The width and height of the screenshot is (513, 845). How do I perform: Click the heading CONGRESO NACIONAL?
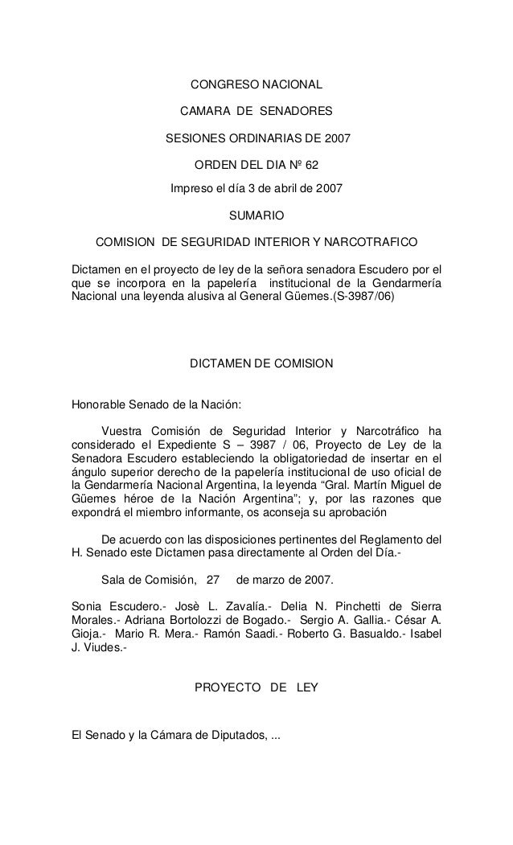(256, 84)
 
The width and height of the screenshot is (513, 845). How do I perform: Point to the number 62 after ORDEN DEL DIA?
(311, 165)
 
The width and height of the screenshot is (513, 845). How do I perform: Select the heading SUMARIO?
(256, 215)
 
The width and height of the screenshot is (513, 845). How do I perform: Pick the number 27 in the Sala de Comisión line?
(213, 579)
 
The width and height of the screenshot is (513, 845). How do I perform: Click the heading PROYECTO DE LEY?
(256, 688)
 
